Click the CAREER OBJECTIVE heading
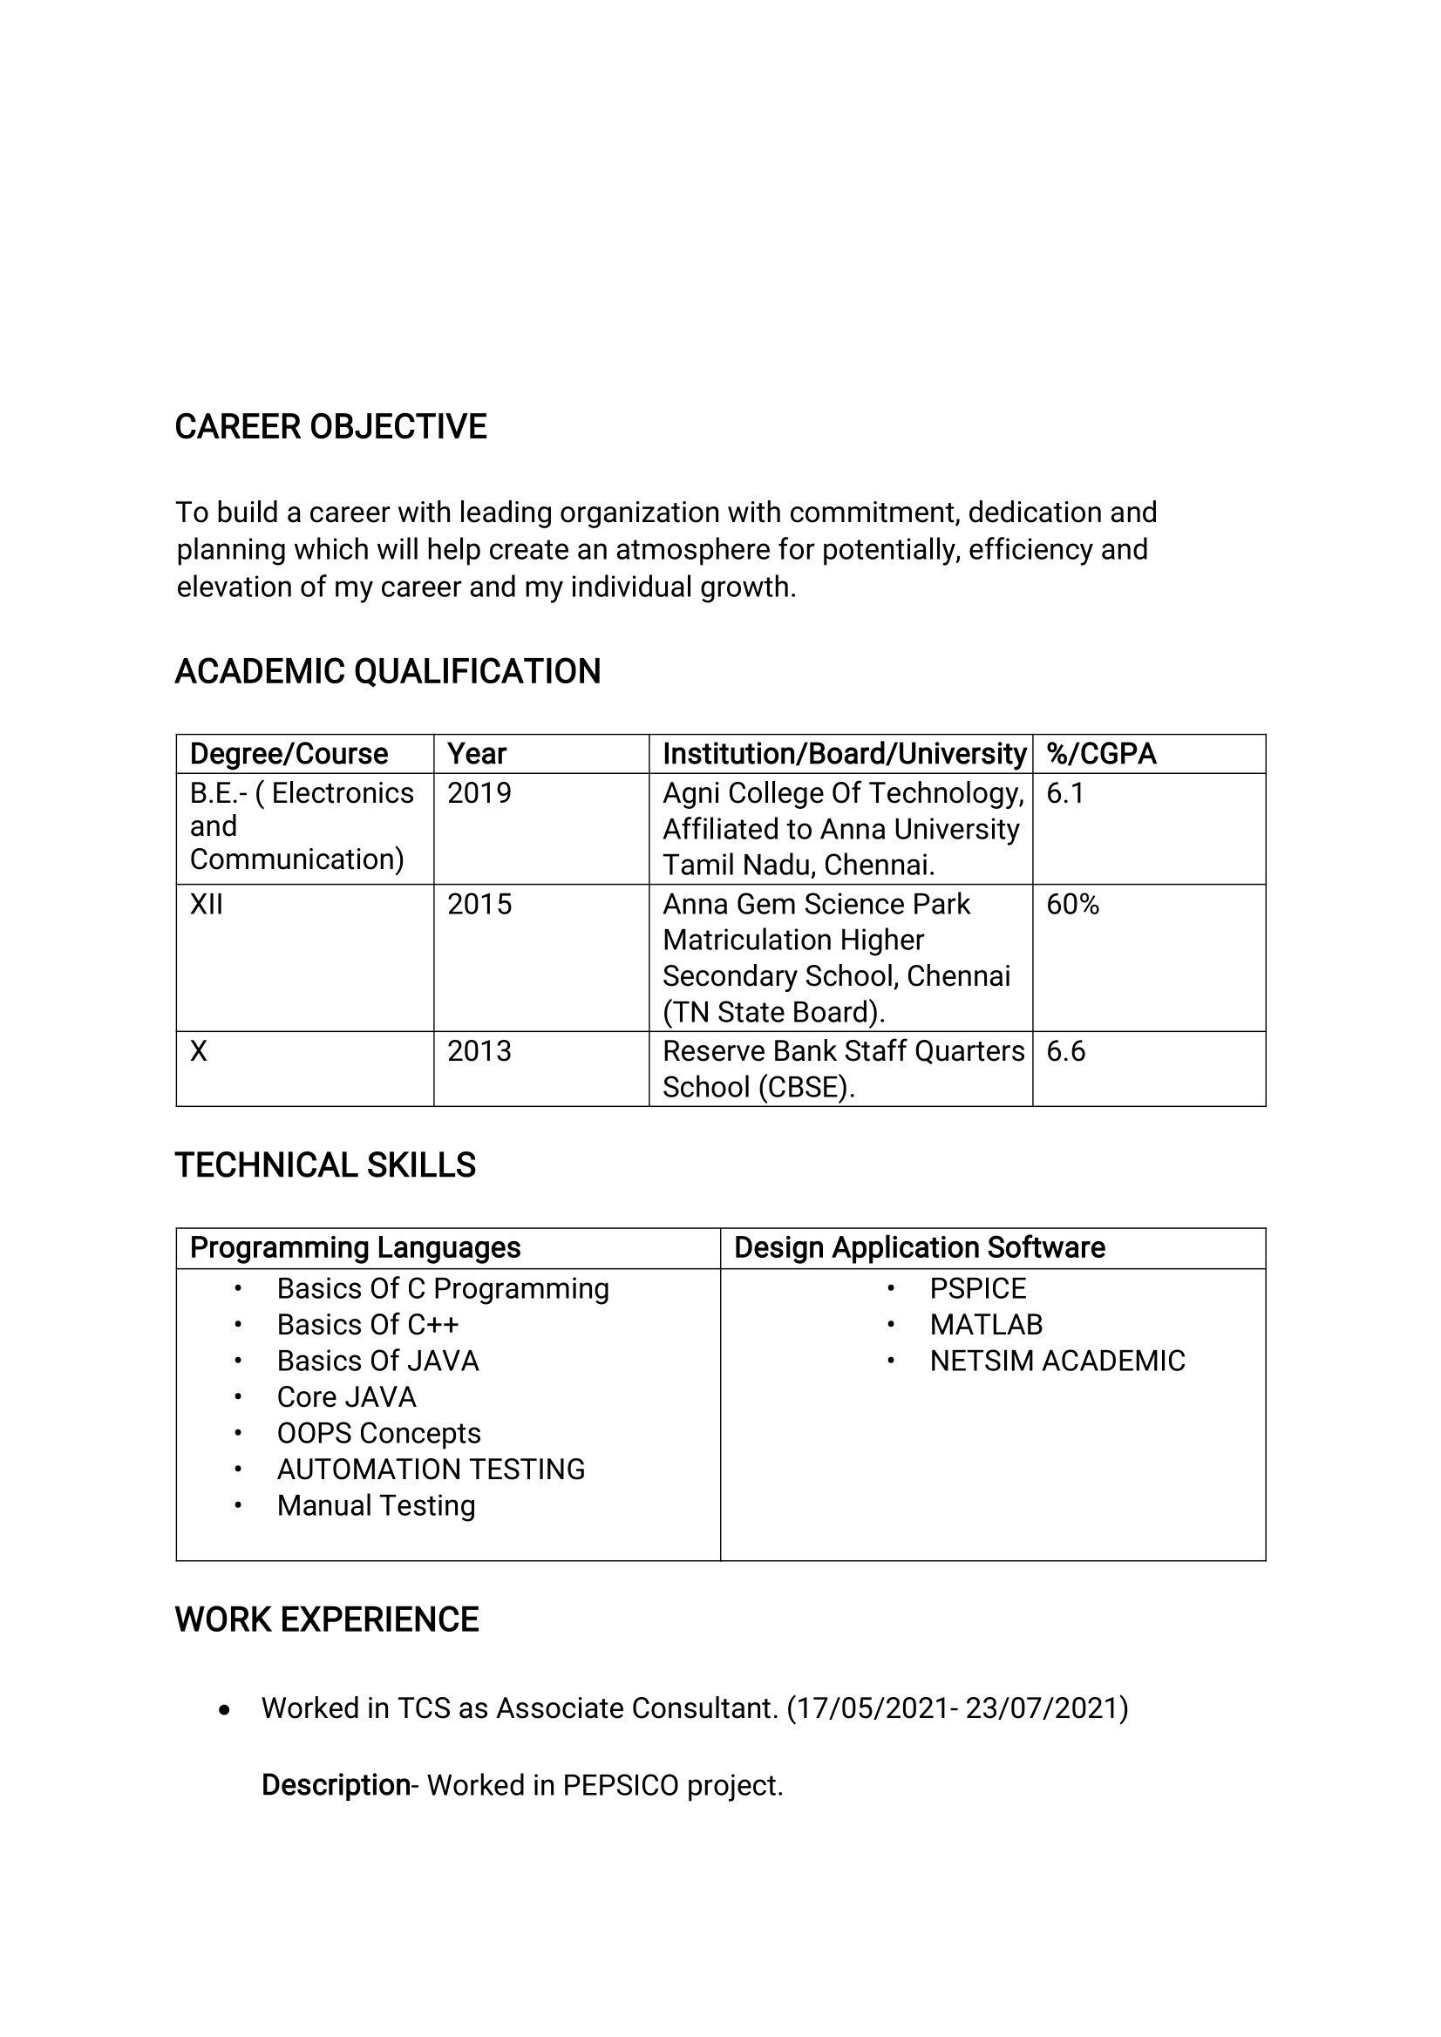click(330, 427)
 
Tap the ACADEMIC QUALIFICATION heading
click(388, 672)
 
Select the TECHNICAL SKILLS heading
click(325, 1164)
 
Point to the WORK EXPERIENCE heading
click(327, 1619)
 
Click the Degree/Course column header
click(289, 754)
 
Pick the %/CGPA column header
click(1101, 754)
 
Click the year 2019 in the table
click(479, 793)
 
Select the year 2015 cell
click(479, 905)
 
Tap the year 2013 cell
click(479, 1051)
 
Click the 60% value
click(1073, 905)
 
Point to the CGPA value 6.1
click(1064, 793)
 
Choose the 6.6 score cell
click(1065, 1051)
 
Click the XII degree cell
click(206, 905)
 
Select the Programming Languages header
click(355, 1247)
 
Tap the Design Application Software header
click(919, 1247)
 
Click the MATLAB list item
click(986, 1325)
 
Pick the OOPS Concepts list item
click(379, 1433)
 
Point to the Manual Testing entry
click(377, 1505)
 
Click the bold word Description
click(336, 1785)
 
